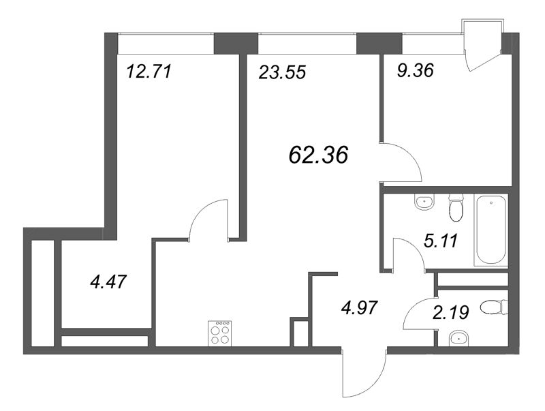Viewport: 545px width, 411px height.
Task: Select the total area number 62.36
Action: pyautogui.click(x=319, y=155)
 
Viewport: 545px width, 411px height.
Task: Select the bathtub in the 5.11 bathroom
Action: pyautogui.click(x=491, y=230)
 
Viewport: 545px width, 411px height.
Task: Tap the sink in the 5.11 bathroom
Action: pyautogui.click(x=425, y=202)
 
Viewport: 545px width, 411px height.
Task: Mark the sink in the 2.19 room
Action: pyautogui.click(x=457, y=336)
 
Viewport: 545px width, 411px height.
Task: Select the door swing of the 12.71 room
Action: pyautogui.click(x=208, y=219)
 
